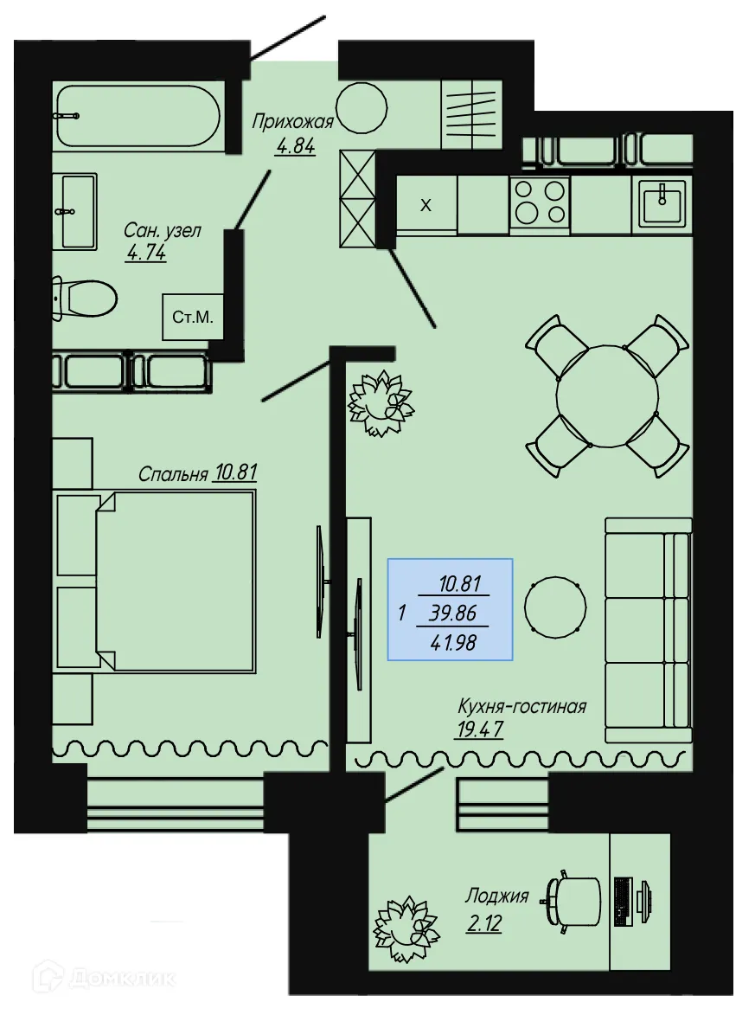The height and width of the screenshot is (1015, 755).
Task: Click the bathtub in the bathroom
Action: coord(137,116)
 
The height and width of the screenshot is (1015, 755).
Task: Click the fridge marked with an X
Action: coord(425,206)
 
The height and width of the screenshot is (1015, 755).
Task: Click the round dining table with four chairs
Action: coord(607,395)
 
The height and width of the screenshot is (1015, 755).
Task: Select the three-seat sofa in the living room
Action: coord(648,630)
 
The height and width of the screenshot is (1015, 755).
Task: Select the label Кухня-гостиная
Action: coord(521,706)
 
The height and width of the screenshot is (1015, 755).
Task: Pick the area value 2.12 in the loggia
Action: coord(483,923)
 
